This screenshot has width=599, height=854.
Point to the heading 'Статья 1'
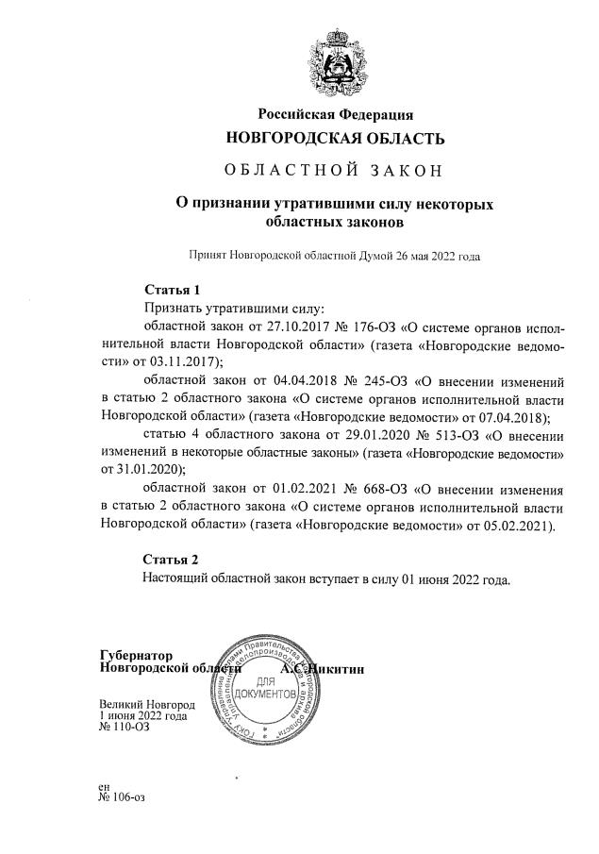point(172,289)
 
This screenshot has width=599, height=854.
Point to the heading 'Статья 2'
point(172,559)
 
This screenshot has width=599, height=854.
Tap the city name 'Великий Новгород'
point(147,704)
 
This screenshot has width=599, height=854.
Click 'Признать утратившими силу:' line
point(233,308)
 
